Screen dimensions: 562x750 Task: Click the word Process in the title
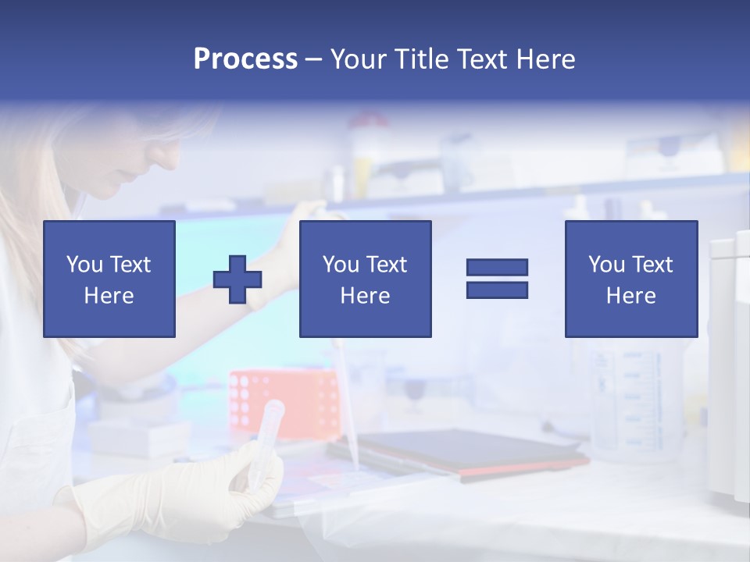[245, 59]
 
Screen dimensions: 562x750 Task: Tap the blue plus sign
[237, 279]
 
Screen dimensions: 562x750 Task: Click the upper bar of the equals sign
[497, 267]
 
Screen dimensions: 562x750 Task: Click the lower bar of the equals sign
[497, 290]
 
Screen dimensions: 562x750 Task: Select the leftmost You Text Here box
[109, 279]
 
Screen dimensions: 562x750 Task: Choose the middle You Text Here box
[365, 279]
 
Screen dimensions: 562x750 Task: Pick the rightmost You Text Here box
[630, 279]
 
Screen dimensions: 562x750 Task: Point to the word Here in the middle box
[365, 296]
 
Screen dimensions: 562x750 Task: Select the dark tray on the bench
[461, 453]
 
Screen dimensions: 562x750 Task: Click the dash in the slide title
[313, 60]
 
